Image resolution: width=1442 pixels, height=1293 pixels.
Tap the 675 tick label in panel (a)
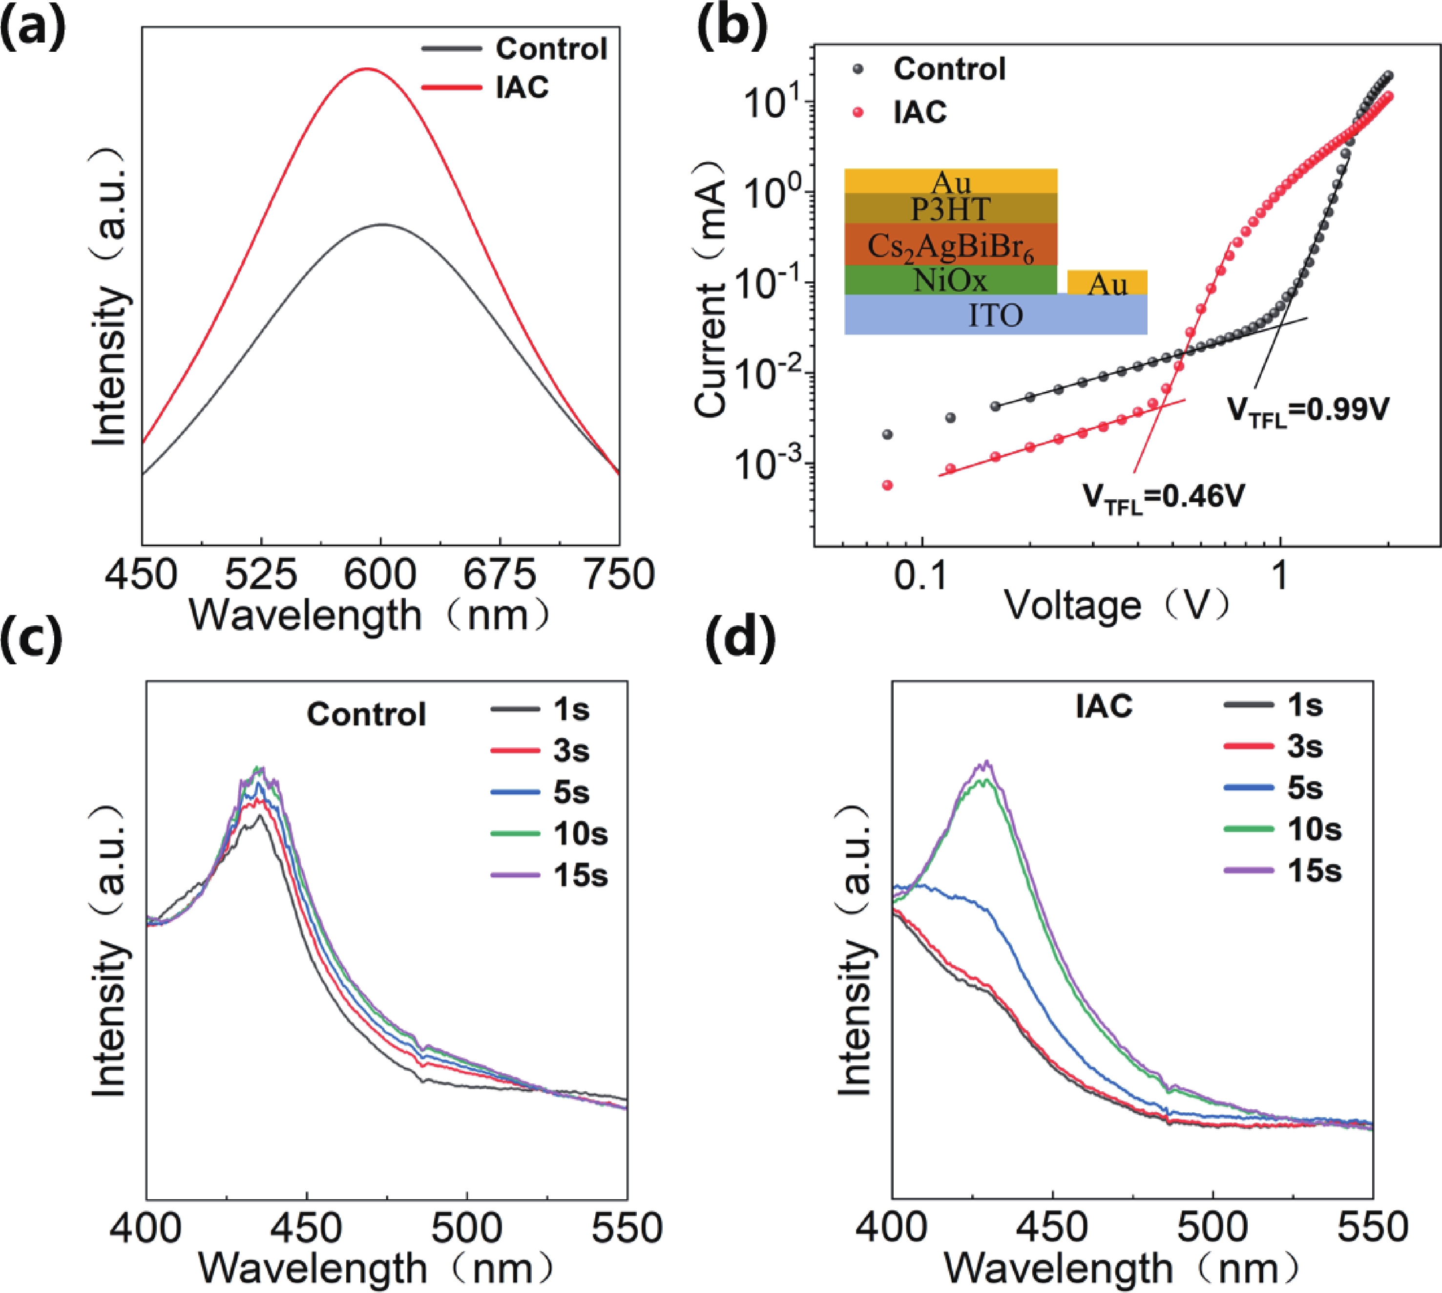point(500,574)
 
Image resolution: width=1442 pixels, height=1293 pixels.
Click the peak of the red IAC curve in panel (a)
point(367,69)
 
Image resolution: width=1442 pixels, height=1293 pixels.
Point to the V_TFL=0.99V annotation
point(1308,411)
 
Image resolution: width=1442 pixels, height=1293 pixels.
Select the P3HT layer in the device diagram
point(950,209)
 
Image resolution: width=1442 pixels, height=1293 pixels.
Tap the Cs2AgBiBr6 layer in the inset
point(950,246)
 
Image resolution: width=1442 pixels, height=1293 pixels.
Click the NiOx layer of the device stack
point(950,280)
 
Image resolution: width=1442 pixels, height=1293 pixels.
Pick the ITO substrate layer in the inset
point(995,315)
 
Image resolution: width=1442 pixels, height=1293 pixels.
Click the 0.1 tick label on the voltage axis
point(921,577)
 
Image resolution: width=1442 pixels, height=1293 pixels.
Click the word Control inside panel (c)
point(367,714)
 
